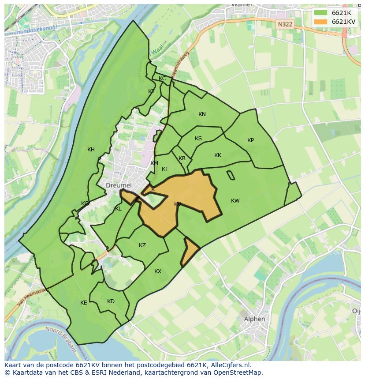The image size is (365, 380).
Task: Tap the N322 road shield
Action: (285, 25)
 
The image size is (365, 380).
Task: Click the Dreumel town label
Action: (119, 185)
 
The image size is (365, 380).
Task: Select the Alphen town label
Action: (255, 319)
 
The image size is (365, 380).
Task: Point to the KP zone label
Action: (250, 140)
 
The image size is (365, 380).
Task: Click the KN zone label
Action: (202, 114)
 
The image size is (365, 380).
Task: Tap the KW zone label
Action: (235, 201)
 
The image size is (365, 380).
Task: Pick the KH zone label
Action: (91, 150)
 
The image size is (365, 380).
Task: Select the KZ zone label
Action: (142, 245)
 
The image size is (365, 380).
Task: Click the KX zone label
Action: (158, 271)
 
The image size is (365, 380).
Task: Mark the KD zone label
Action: (111, 301)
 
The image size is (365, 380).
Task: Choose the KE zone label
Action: (84, 303)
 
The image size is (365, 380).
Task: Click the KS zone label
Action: (198, 139)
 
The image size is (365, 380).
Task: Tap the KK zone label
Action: (218, 155)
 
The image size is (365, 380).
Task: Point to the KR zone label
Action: (182, 158)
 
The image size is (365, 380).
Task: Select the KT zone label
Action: (165, 169)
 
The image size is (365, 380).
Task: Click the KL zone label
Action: (118, 209)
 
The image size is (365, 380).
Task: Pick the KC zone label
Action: (162, 79)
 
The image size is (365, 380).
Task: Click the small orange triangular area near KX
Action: (189, 252)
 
